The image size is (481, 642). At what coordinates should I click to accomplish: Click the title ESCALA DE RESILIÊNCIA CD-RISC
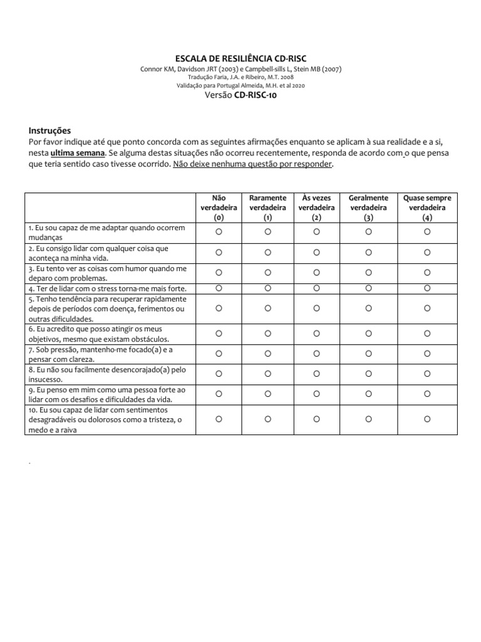pyautogui.click(x=240, y=58)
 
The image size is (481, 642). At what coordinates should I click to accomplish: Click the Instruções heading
pyautogui.click(x=49, y=130)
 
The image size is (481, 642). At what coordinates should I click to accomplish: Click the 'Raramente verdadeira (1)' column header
pyautogui.click(x=267, y=208)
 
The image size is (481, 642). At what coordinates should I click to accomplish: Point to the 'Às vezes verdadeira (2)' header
pyautogui.click(x=316, y=208)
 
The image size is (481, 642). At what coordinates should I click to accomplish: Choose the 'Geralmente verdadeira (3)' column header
pyautogui.click(x=368, y=208)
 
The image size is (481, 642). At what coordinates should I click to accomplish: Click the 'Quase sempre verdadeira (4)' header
pyautogui.click(x=427, y=208)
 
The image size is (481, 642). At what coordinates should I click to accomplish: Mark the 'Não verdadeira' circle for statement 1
pyautogui.click(x=219, y=232)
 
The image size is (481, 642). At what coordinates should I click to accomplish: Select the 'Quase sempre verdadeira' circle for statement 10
pyautogui.click(x=427, y=419)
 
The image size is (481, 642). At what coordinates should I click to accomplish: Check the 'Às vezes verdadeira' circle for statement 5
pyautogui.click(x=316, y=308)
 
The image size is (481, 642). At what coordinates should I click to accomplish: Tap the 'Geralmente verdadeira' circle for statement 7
pyautogui.click(x=368, y=354)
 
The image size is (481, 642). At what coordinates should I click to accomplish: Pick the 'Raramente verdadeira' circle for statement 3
pyautogui.click(x=267, y=273)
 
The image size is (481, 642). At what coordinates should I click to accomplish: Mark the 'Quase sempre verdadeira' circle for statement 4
pyautogui.click(x=427, y=288)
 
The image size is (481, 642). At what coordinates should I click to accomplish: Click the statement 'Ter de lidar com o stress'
pyautogui.click(x=107, y=288)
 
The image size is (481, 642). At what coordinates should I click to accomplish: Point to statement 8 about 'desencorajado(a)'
pyautogui.click(x=107, y=374)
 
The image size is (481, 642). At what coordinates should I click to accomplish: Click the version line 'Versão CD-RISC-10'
pyautogui.click(x=240, y=95)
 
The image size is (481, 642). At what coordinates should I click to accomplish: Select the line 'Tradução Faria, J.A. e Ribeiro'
pyautogui.click(x=240, y=77)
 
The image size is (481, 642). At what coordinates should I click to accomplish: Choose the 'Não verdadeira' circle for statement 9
pyautogui.click(x=219, y=394)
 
